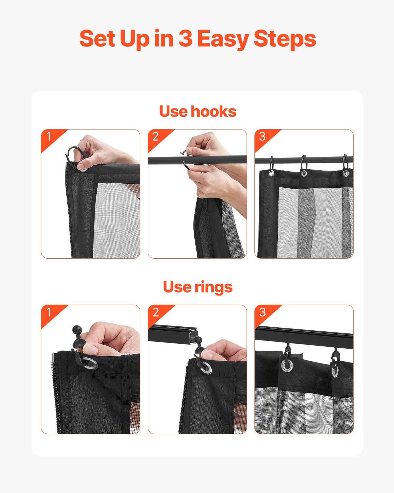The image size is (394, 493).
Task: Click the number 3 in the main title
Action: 186,39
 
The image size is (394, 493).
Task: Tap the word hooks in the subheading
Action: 213,111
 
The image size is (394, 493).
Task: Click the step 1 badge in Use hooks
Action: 49,136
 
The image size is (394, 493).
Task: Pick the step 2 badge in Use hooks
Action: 156,136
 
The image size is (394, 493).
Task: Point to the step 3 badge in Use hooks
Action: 262,136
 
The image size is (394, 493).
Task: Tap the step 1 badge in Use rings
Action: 49,312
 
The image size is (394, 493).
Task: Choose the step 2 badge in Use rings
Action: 156,312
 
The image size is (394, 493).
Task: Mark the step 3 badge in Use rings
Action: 262,312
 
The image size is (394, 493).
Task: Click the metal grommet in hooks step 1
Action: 82,169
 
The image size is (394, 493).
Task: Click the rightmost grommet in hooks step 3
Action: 345,173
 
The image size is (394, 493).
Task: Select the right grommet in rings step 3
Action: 335,370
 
